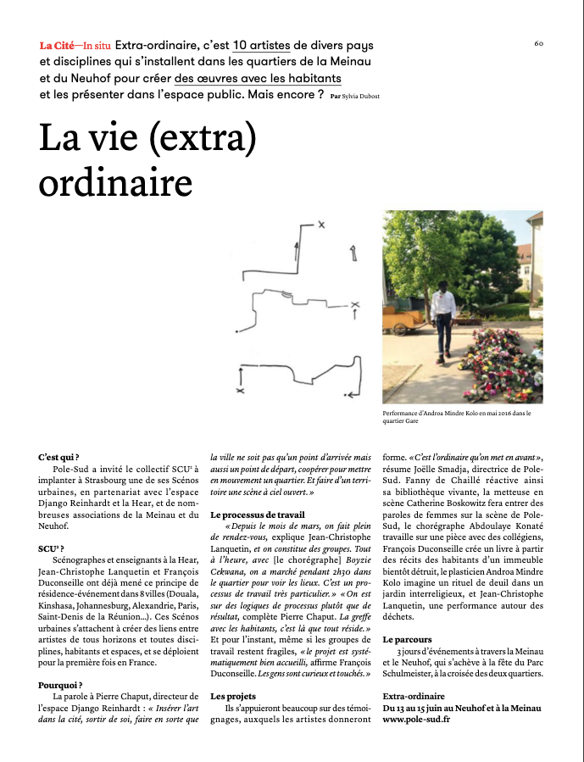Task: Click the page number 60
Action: pos(539,43)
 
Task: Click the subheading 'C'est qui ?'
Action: pos(58,457)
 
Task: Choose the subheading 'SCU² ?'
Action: pos(53,548)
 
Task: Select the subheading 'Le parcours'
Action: pos(408,638)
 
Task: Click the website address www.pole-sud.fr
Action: pos(416,719)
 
